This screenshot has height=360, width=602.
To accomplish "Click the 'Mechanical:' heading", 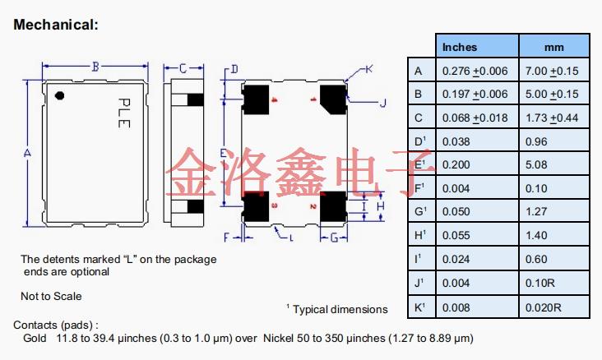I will [56, 25].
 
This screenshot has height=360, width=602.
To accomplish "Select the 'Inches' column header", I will [460, 47].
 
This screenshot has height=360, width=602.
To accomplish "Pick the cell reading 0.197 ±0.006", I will [475, 94].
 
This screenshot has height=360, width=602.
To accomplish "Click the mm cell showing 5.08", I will [538, 165].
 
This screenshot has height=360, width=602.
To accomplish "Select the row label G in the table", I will [419, 212].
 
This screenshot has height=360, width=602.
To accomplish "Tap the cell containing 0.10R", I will [541, 284].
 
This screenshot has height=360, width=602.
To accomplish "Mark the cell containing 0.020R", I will [544, 307].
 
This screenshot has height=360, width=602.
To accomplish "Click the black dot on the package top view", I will [59, 97].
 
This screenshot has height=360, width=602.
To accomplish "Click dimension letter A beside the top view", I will [27, 154].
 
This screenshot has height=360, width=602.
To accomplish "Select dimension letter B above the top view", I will [95, 67].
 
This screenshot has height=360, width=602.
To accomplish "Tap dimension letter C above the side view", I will [183, 67].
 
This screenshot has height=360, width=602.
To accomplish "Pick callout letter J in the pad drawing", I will [382, 103].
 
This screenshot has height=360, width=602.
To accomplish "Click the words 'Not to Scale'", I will [51, 296].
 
